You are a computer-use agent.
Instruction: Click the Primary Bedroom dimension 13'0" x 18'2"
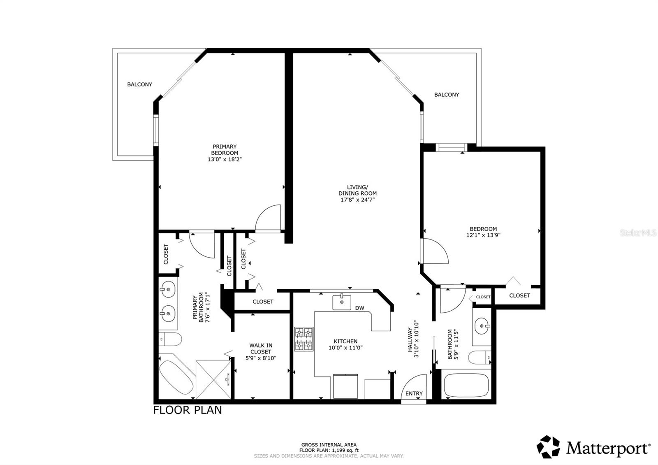(224, 159)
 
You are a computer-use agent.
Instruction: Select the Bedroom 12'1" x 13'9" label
(483, 232)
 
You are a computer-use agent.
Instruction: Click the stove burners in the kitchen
(304, 339)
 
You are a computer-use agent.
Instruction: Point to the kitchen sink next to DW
(342, 302)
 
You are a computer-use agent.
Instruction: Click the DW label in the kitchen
(359, 308)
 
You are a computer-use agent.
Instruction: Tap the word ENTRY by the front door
(414, 393)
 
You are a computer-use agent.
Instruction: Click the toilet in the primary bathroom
(170, 340)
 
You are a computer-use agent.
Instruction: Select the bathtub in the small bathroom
(466, 385)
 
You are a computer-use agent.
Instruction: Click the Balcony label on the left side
(139, 84)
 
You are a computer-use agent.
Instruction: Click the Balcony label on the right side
(447, 95)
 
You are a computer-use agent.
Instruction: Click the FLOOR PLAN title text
(187, 410)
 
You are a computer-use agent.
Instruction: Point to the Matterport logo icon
(549, 446)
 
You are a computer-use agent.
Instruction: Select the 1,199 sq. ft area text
(329, 450)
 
